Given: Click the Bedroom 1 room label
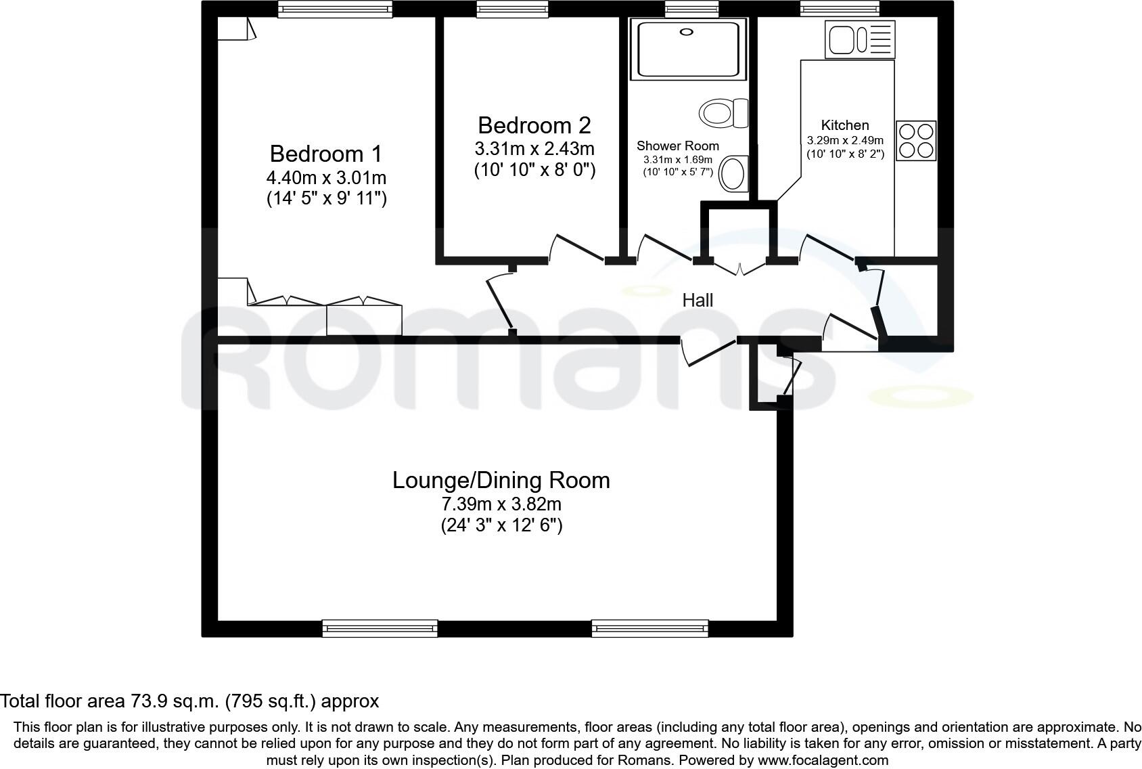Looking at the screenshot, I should [x=325, y=154].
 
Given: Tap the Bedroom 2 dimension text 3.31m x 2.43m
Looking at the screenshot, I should [x=534, y=148].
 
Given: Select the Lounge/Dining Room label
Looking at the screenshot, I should [x=501, y=480].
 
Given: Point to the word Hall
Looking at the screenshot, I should [x=698, y=300].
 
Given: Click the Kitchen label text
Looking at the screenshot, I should [x=844, y=125].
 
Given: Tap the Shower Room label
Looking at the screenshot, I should [x=677, y=146].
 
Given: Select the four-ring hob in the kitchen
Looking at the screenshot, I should [x=916, y=141].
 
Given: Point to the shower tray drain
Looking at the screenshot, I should [x=687, y=31].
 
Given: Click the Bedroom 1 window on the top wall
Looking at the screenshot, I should [x=335, y=9].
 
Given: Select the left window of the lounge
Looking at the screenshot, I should [x=380, y=628].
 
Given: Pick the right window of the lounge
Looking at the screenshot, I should [x=649, y=628].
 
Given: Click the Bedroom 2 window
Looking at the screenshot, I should [x=511, y=8].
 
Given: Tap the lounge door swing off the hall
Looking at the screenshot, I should [x=707, y=351].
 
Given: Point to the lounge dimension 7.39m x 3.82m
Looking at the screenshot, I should [x=501, y=504].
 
